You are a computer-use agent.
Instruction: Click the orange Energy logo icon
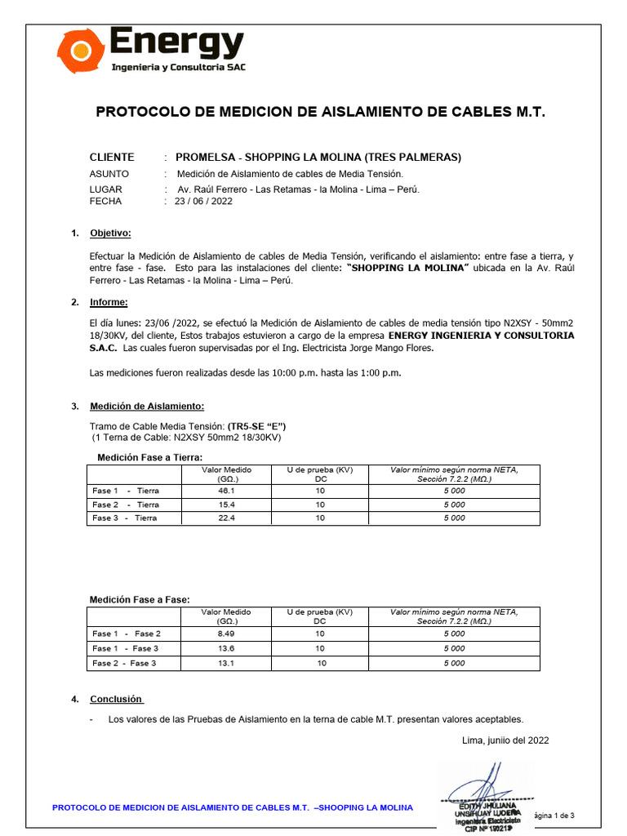pos(80,51)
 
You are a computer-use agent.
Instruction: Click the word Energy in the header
pos(176,42)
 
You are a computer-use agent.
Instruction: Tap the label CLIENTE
pos(112,157)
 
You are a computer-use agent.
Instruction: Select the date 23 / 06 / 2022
pos(203,201)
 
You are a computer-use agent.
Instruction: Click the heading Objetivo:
pos(109,233)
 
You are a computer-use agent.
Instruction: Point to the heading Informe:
pos(109,302)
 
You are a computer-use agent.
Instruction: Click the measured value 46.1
pos(226,491)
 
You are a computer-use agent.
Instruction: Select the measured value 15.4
pos(226,505)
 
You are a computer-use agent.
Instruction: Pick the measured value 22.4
pos(226,518)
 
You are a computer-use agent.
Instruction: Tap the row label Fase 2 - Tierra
pos(126,505)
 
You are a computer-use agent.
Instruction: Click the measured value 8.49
pos(226,634)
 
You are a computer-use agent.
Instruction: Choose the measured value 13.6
pos(226,648)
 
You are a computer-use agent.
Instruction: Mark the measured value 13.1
pos(226,663)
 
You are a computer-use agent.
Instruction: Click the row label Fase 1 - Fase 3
pos(126,648)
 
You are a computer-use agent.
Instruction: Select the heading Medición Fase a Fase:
pos(139,600)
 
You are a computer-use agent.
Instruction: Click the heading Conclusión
pos(116,699)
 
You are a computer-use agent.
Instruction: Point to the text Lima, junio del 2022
pos(505,740)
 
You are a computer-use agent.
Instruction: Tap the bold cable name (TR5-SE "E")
pos(256,426)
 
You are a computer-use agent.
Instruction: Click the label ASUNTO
pos(109,174)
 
